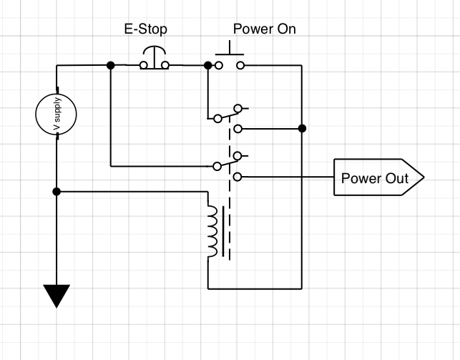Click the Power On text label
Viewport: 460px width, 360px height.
[264, 30]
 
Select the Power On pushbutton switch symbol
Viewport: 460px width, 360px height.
[230, 57]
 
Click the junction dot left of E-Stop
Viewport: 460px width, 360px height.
[110, 65]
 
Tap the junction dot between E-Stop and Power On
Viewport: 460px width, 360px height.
[208, 65]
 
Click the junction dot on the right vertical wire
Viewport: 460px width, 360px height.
[302, 129]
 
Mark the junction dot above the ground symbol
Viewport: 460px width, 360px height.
[57, 192]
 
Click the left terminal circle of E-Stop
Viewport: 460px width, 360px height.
[143, 66]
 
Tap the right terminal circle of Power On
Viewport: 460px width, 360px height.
[241, 66]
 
